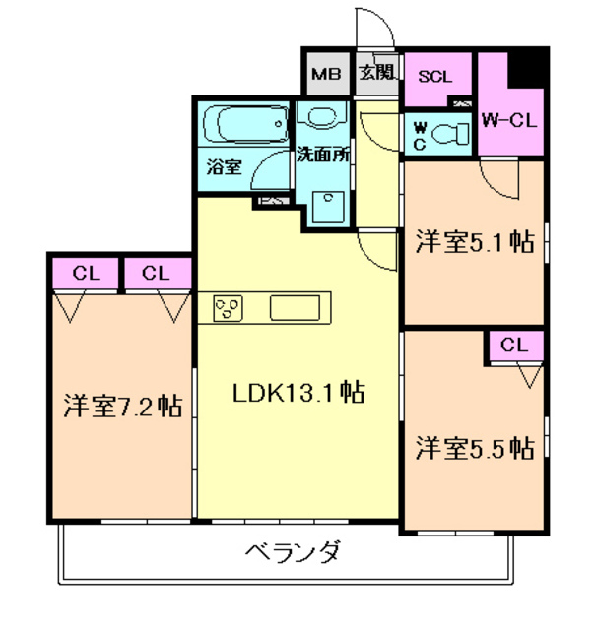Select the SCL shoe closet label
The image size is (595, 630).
click(x=436, y=77)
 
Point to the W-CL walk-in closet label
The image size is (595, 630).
click(x=509, y=120)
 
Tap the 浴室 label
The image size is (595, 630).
click(x=224, y=167)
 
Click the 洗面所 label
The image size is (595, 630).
click(x=323, y=155)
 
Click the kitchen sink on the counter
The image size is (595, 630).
click(x=298, y=308)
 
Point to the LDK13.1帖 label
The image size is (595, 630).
click(x=298, y=393)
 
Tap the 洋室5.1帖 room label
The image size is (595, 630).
click(x=474, y=241)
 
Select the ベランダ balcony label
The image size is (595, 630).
click(x=293, y=551)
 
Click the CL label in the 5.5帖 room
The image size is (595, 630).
click(x=514, y=346)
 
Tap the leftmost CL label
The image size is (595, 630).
click(x=84, y=274)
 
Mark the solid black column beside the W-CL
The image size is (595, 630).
click(x=532, y=66)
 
